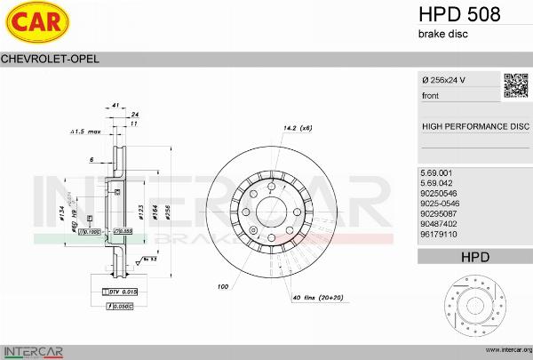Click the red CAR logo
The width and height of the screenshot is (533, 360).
36,24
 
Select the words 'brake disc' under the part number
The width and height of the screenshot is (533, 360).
442,34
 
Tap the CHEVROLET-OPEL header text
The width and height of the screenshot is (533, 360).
50,59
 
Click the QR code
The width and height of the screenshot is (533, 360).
516,85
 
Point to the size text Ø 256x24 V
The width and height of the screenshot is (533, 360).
444,81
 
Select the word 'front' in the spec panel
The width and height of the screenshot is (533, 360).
431,95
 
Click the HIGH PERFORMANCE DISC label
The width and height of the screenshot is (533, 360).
474,126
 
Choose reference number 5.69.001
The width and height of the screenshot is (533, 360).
436,172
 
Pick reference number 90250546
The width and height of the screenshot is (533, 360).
438,193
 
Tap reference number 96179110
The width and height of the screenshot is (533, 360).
438,236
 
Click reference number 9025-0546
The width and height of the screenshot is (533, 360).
439,204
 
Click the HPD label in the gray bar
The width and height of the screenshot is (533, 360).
474,257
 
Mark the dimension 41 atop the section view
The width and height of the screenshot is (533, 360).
116,105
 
